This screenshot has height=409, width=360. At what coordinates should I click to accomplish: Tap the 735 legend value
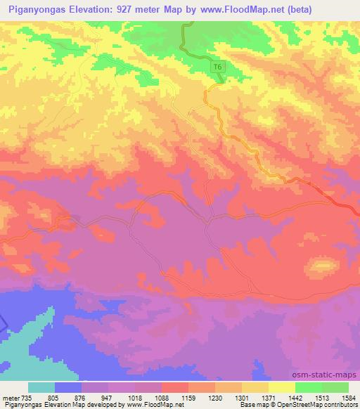(25, 397)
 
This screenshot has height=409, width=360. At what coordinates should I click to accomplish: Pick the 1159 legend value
(188, 397)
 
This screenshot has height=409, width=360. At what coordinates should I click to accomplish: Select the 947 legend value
(108, 397)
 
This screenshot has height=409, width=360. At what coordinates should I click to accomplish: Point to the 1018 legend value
(134, 397)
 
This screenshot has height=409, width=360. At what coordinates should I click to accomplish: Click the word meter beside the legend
(9, 397)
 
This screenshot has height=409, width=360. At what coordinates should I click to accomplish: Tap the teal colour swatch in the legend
(41, 387)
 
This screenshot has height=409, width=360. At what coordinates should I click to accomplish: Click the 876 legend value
(81, 397)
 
